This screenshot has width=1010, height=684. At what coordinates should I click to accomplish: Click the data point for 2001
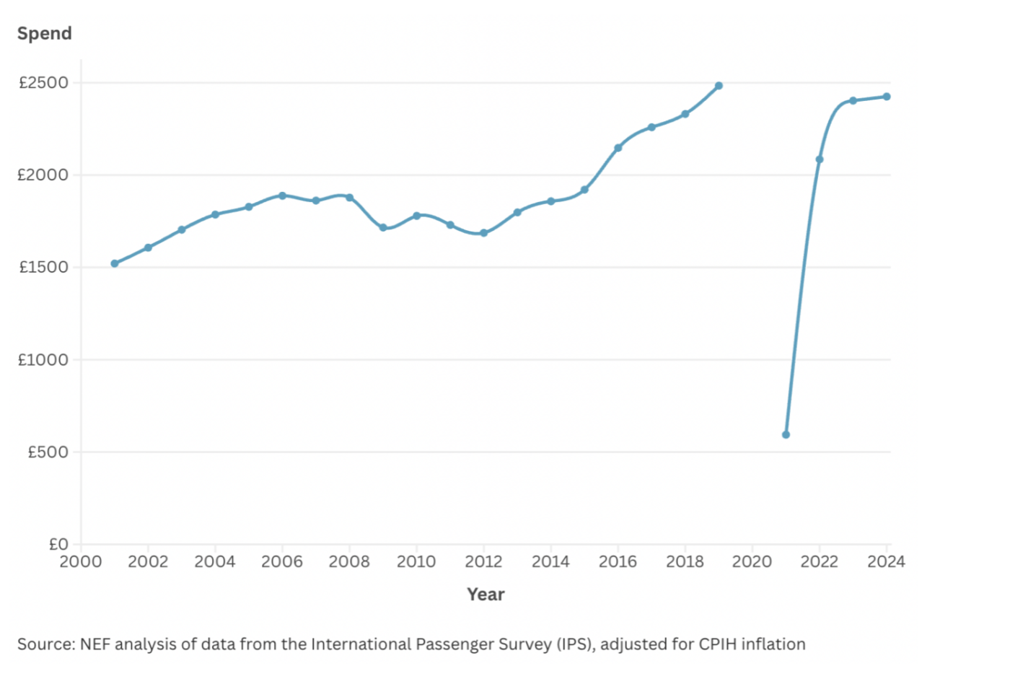115,263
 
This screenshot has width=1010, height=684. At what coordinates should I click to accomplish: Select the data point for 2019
719,86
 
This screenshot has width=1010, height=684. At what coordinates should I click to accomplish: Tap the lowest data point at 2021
786,434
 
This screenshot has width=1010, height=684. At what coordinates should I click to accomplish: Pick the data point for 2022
820,159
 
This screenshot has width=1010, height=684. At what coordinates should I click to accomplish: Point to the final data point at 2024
887,97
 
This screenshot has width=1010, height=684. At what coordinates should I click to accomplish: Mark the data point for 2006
282,196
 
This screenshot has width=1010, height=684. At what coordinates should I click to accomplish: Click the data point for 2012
483,233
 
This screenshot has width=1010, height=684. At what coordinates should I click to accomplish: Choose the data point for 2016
618,148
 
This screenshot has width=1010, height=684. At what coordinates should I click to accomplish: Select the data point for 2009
383,227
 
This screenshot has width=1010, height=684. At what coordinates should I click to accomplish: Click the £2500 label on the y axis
43,83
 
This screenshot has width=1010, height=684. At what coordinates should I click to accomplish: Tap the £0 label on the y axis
58,544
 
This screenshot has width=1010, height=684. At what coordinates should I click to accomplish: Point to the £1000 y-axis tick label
43,359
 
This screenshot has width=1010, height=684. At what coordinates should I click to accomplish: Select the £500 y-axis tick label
48,452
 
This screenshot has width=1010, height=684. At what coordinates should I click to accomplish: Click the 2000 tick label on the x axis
81,561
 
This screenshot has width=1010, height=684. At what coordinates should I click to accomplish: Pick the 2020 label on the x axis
752,561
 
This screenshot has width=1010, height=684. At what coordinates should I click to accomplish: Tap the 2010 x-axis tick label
416,561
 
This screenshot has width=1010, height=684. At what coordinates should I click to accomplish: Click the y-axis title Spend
45,33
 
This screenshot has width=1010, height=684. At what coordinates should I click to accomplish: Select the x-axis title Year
486,594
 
